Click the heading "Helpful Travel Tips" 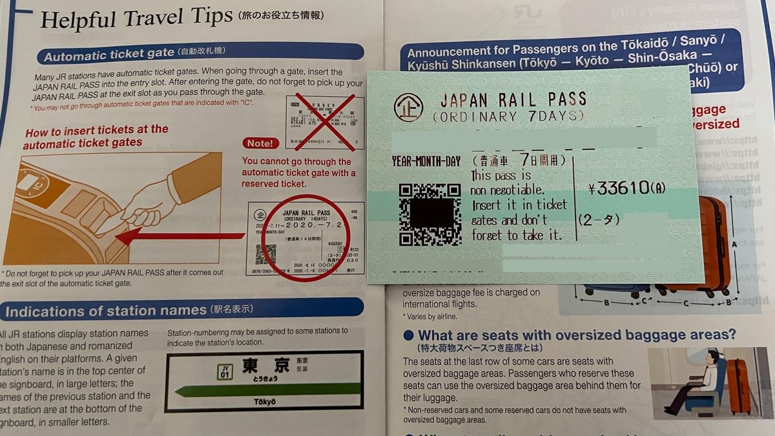pyautogui.click(x=136, y=19)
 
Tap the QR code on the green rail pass pyautogui.click(x=429, y=216)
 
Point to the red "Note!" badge pyautogui.click(x=260, y=143)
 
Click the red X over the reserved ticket pyautogui.click(x=324, y=121)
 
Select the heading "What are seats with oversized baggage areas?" pyautogui.click(x=576, y=335)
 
